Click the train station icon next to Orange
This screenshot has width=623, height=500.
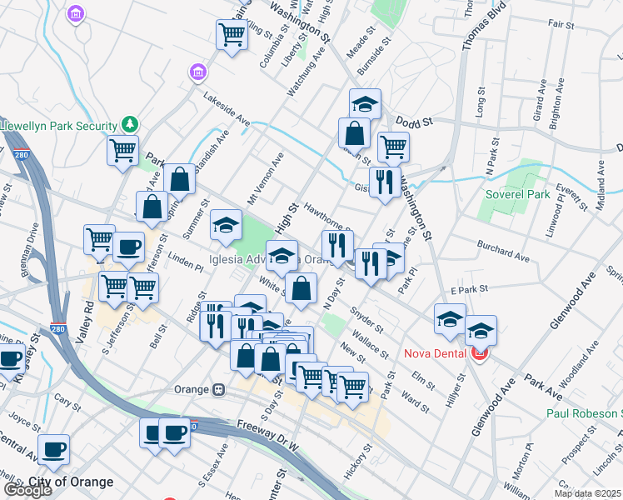(x=219, y=389)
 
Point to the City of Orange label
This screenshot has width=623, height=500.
(x=71, y=482)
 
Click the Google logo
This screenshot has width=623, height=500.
(x=27, y=491)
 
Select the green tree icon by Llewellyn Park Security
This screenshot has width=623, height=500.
(x=129, y=125)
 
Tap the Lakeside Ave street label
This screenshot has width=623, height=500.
(x=227, y=108)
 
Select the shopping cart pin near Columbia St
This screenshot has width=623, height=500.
(x=232, y=35)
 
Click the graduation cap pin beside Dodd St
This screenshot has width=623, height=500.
(x=365, y=103)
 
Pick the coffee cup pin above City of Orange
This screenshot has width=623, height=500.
(x=54, y=448)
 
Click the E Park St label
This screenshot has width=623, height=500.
(x=466, y=290)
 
